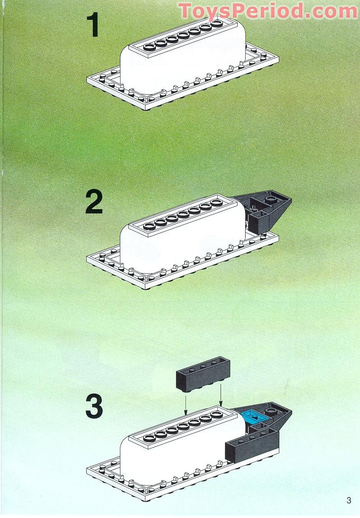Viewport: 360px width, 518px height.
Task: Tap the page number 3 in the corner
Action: (x=349, y=500)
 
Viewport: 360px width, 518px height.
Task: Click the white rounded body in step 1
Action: (x=180, y=68)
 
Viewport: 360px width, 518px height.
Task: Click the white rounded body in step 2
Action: (x=180, y=243)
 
